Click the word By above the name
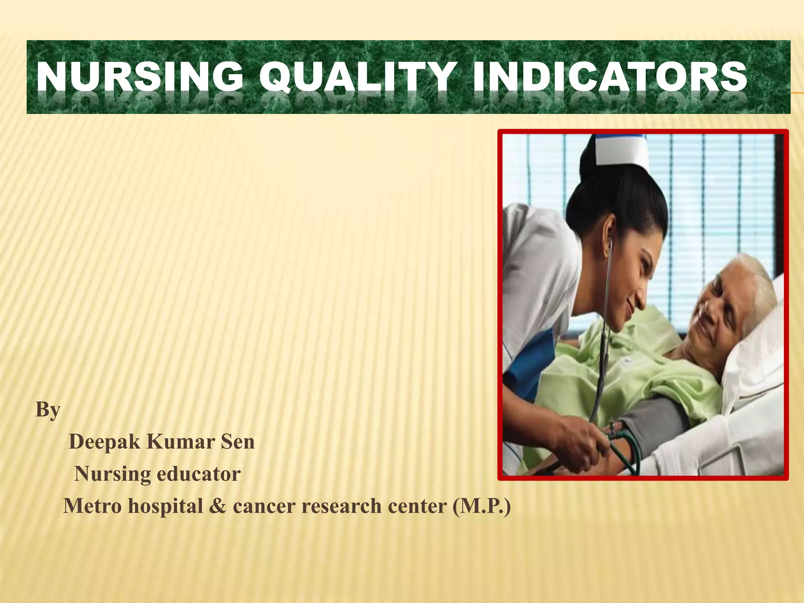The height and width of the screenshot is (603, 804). click(x=48, y=410)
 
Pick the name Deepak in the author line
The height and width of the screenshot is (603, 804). click(x=104, y=442)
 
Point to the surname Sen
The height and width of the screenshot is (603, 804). click(x=238, y=442)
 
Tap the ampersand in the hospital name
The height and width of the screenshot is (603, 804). click(x=217, y=506)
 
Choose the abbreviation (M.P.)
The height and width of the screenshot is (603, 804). click(x=482, y=506)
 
